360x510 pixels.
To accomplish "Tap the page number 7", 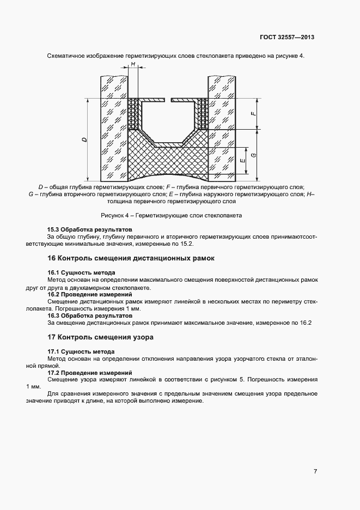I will tap(315, 472).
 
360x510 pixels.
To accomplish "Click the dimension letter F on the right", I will tap(253, 113).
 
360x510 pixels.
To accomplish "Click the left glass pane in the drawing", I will tap(113, 128).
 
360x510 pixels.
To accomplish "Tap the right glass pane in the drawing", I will tap(222, 128).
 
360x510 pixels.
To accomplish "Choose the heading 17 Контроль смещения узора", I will tap(100, 337).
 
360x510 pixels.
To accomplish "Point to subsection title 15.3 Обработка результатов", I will tap(89, 230).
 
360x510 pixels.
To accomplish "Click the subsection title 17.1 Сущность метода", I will tap(81, 351).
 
